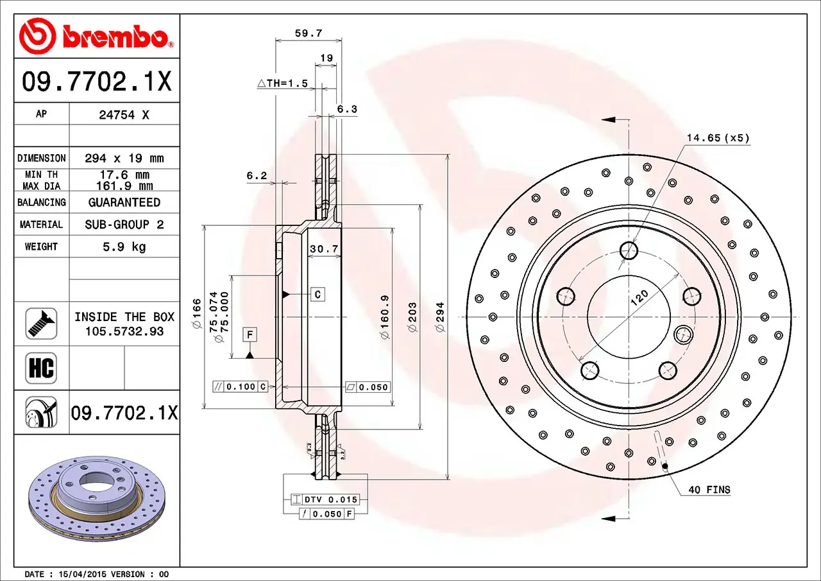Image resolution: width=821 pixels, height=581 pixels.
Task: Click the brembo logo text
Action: click(x=115, y=37)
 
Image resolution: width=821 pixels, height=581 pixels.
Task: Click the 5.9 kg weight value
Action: click(x=124, y=247)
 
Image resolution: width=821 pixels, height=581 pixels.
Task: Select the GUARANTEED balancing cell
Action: click(x=124, y=202)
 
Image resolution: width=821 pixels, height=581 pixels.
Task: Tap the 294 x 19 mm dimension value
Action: click(x=124, y=158)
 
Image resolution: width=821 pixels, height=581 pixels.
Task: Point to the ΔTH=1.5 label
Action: click(x=282, y=83)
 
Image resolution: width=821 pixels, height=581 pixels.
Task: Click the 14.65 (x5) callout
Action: click(x=718, y=138)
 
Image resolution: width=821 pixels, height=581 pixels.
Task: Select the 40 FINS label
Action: click(x=709, y=490)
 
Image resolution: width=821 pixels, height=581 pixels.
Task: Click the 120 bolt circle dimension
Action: click(x=639, y=297)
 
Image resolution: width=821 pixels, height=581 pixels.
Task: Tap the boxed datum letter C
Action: click(x=318, y=295)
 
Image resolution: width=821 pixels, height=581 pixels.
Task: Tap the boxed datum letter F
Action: click(x=250, y=334)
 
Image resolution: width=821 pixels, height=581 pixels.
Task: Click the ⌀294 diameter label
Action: click(x=440, y=317)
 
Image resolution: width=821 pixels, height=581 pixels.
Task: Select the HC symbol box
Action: click(x=42, y=368)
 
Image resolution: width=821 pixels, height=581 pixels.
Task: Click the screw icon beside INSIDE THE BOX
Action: click(x=42, y=324)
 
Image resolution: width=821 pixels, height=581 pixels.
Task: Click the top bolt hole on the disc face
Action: click(x=629, y=250)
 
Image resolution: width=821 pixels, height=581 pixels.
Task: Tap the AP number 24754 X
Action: click(x=124, y=114)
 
